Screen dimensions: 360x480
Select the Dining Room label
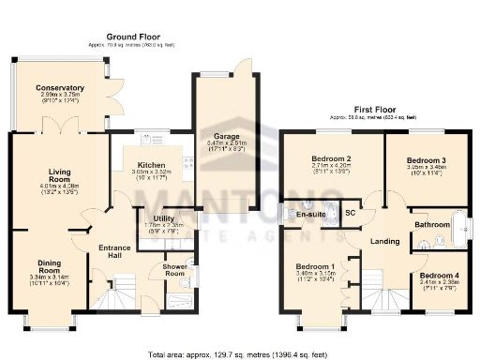click(42, 267)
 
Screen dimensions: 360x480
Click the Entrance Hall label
click(113, 251)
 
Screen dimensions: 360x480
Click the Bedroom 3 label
click(426, 161)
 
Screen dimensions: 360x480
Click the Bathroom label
click(432, 225)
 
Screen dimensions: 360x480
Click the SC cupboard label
click(350, 214)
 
